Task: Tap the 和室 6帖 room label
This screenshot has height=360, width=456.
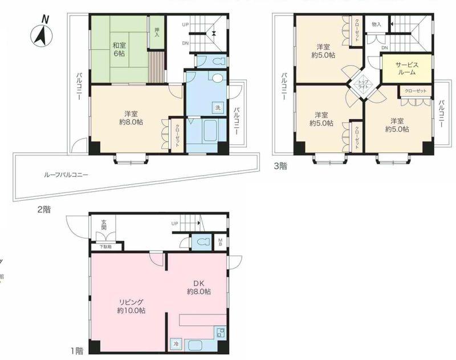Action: point(119,50)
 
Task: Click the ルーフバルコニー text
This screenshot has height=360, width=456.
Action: point(66,175)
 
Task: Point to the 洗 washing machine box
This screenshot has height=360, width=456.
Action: point(218,108)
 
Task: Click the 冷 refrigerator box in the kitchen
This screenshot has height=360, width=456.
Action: point(176,345)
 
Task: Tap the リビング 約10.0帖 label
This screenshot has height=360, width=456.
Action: point(131,306)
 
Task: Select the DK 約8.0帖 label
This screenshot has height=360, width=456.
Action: point(198,287)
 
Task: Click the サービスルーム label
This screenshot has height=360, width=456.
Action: point(406,68)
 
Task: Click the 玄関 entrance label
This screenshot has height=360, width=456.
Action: point(104,225)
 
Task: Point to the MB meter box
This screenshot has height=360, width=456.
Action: point(219,241)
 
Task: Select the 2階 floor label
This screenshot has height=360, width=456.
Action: point(43,209)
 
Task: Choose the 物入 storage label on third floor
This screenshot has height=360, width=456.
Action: point(376,25)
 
